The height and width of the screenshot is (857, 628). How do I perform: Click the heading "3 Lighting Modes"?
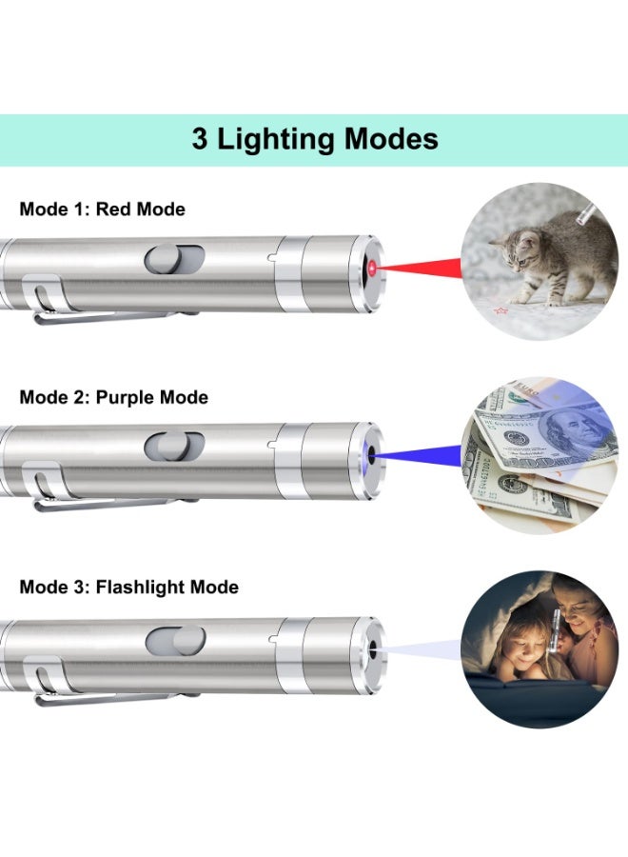click(x=315, y=139)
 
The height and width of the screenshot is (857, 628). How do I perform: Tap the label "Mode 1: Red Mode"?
click(x=103, y=209)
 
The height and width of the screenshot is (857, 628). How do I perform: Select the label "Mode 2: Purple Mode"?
click(x=114, y=397)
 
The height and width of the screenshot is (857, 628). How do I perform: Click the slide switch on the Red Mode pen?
click(x=174, y=258)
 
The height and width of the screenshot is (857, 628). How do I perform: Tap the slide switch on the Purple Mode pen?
click(x=174, y=446)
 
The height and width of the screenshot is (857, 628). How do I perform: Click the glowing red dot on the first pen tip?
click(x=372, y=271)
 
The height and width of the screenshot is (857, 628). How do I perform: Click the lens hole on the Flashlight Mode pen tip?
click(x=373, y=651)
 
